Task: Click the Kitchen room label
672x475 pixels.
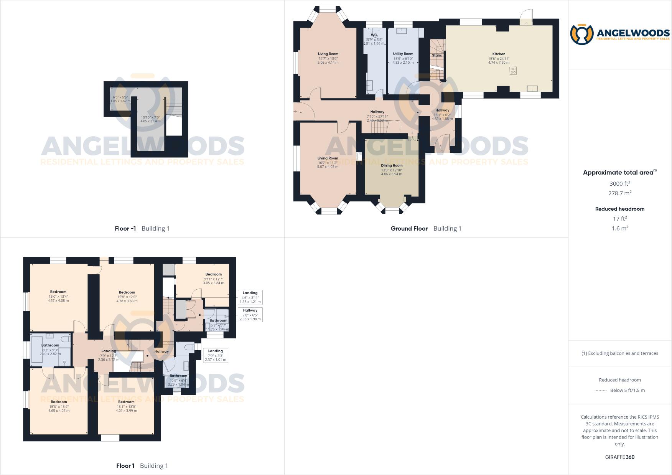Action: coord(499,54)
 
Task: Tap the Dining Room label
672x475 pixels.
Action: coord(392,165)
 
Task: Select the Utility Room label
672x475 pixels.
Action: coord(403,54)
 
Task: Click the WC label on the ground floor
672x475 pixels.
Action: coord(374,35)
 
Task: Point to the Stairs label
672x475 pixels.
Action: coord(437,55)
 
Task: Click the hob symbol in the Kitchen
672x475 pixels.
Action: coord(513,71)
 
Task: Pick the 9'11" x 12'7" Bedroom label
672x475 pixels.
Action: coord(214,274)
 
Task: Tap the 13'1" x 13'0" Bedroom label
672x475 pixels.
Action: coord(126,402)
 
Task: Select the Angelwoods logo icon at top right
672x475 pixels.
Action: coord(582,34)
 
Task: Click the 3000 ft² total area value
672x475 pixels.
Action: coord(620,183)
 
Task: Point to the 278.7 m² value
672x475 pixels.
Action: coord(620,193)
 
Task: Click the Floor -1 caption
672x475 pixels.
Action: coord(125,228)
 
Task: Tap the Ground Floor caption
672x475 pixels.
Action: coord(409,228)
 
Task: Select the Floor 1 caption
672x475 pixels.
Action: coord(125,466)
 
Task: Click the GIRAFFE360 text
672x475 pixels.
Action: coord(619,457)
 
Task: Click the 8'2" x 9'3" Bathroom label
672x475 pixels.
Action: coord(50,345)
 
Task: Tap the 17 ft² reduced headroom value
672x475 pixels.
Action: coord(620,219)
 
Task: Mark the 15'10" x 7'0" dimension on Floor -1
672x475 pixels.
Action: coord(150,117)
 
